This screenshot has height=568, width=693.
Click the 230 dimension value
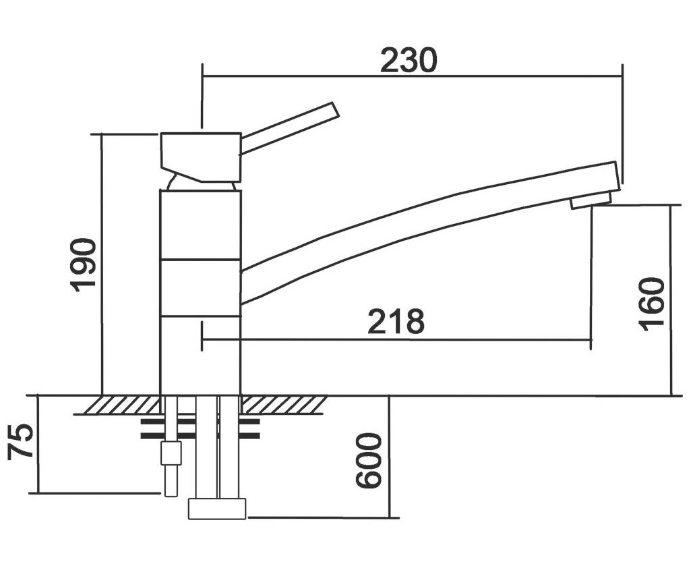click(x=409, y=60)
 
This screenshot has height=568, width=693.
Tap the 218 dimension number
click(x=396, y=322)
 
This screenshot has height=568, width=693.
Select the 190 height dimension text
click(x=83, y=265)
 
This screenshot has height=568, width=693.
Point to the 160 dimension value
click(x=651, y=304)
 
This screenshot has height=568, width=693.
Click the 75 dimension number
click(x=21, y=443)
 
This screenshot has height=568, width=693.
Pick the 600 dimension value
click(x=368, y=461)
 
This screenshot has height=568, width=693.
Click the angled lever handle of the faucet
click(x=289, y=128)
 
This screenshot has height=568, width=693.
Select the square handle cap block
click(x=201, y=157)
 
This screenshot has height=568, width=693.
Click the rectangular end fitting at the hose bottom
click(x=217, y=508)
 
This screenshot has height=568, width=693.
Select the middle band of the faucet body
click(x=200, y=287)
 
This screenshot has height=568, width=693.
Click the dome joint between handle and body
click(x=200, y=183)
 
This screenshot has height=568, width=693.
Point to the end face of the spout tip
click(x=616, y=177)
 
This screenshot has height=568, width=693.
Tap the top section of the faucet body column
click(x=200, y=225)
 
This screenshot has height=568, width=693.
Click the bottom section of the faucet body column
click(x=200, y=356)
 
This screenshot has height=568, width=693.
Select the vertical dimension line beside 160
click(x=671, y=300)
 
